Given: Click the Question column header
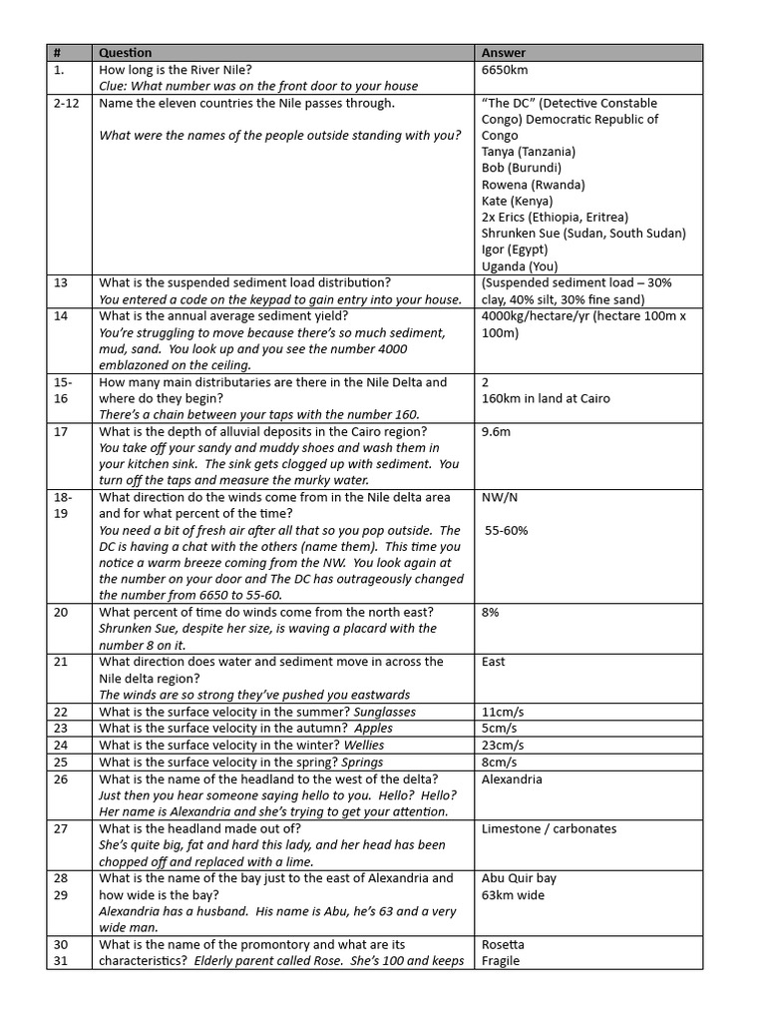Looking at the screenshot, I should point(126,53).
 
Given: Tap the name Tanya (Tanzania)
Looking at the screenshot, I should point(528,152).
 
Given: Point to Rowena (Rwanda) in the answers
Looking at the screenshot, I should point(533,185).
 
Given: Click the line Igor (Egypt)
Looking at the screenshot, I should point(515,250).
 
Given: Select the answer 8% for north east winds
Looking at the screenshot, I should point(491,612).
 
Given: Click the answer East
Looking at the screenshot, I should point(493,662).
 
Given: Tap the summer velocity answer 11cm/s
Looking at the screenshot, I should point(504,712).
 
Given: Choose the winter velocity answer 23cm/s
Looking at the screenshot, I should point(504,746).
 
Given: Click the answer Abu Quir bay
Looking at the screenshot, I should point(519,878).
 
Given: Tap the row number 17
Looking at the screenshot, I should point(61,431).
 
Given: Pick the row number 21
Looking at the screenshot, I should point(61,662).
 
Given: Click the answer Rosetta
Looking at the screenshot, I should point(503,944).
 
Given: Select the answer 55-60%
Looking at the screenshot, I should point(507,530).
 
